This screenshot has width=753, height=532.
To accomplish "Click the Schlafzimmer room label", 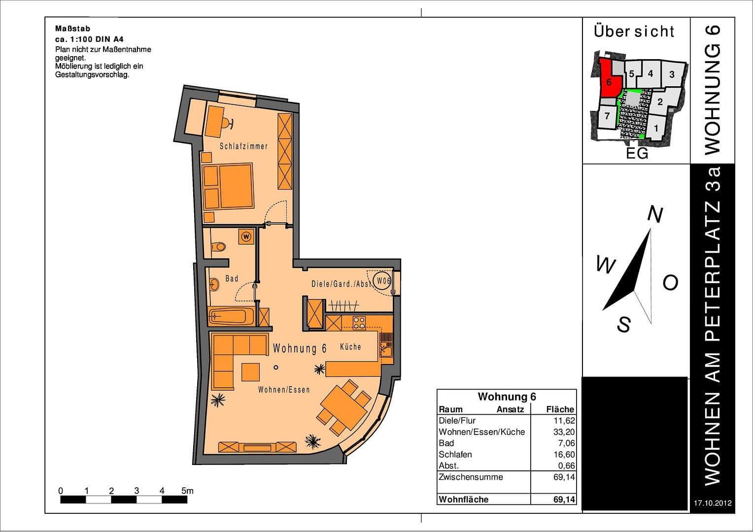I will click(243, 146).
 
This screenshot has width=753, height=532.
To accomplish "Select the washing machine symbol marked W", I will click(246, 236).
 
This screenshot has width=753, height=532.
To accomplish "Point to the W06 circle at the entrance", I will click(383, 281).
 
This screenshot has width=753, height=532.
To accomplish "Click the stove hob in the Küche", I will click(359, 323).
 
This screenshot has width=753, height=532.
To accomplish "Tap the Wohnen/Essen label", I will click(284, 390).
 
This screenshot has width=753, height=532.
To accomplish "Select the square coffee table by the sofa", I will click(251, 371).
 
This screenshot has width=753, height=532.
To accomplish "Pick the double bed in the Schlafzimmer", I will click(236, 186).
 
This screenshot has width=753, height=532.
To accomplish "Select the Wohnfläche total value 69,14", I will click(564, 499).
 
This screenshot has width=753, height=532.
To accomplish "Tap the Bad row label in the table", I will click(446, 443).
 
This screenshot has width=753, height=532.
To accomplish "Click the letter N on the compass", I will click(654, 214).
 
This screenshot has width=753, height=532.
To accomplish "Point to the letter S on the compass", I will click(623, 325).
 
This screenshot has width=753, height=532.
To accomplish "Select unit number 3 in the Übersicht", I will click(672, 75).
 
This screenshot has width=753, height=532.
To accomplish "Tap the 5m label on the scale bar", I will click(187, 491).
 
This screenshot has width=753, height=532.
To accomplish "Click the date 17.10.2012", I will click(712, 503).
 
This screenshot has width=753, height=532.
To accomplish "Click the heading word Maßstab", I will click(72, 29).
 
